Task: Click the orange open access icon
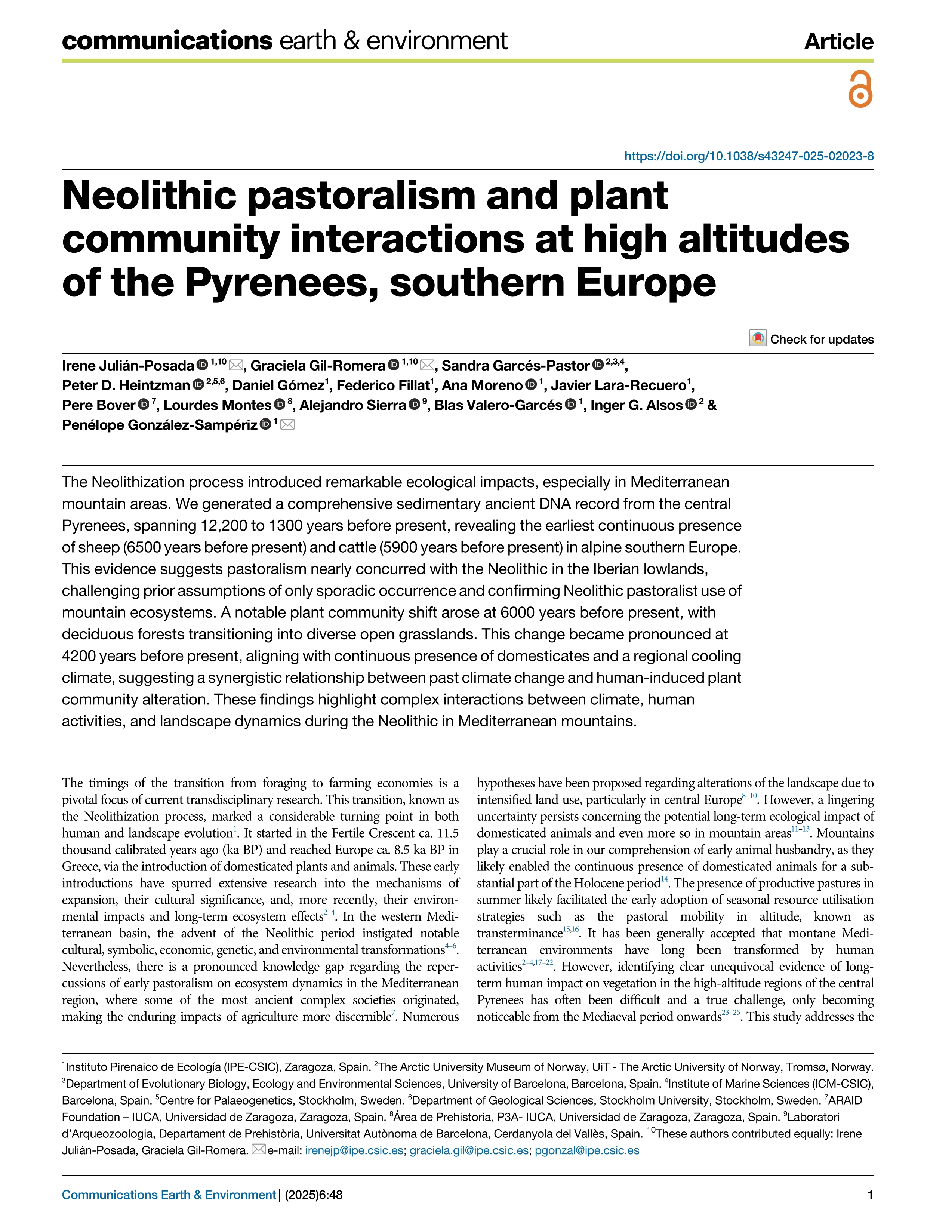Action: (x=860, y=89)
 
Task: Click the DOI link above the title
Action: (x=748, y=156)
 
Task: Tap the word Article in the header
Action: (x=838, y=42)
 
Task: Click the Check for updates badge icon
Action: (x=757, y=339)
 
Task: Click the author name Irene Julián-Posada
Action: (x=127, y=366)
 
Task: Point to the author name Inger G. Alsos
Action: (x=636, y=405)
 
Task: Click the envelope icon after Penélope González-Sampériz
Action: (x=287, y=425)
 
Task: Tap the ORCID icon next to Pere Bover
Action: (x=144, y=405)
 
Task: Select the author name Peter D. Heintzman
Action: (x=126, y=385)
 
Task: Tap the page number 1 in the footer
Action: (x=870, y=1195)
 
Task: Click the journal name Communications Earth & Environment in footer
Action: (x=169, y=1195)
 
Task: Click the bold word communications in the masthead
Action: (x=167, y=41)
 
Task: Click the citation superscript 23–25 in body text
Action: (x=731, y=1013)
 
